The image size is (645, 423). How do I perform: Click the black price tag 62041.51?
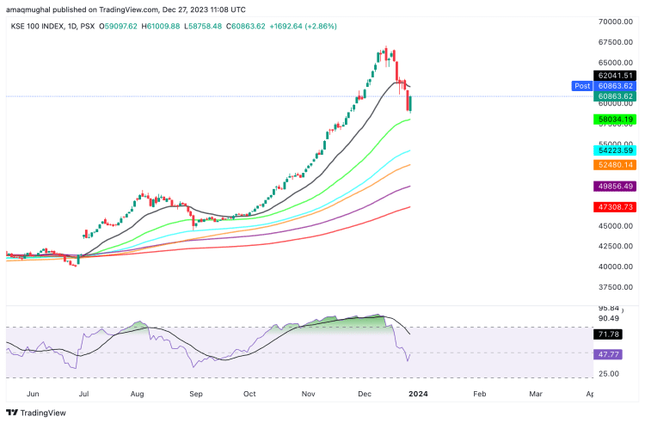(x=617, y=76)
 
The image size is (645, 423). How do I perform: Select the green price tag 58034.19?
(x=617, y=120)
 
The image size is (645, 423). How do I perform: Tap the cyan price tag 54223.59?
(x=617, y=150)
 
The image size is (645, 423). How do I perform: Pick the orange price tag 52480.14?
(x=617, y=164)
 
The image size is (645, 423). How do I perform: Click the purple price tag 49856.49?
(x=617, y=186)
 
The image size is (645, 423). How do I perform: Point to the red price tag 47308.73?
(x=617, y=207)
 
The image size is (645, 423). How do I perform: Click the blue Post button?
(x=582, y=86)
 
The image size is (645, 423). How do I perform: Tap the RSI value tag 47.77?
(x=611, y=354)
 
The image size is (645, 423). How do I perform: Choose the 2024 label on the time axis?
(x=420, y=392)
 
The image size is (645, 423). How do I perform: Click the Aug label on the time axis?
(x=138, y=392)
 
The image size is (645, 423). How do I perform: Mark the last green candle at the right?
(x=411, y=104)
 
